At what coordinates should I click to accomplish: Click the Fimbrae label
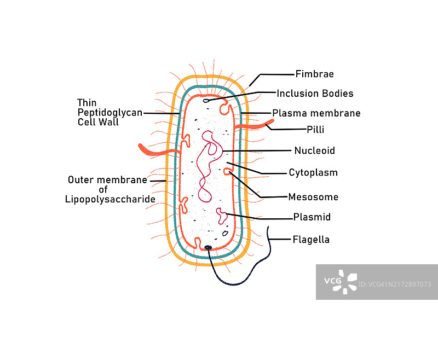click(314, 74)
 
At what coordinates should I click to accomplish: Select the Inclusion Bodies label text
click(314, 94)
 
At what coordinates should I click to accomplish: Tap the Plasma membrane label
click(316, 113)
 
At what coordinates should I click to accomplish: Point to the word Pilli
click(315, 130)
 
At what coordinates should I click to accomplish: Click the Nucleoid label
click(314, 150)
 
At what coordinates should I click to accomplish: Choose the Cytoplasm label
click(313, 173)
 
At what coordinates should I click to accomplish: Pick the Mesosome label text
click(313, 197)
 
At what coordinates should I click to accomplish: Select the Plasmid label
click(312, 217)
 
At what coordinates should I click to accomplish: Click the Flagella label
click(311, 240)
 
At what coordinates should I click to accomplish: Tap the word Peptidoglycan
click(109, 112)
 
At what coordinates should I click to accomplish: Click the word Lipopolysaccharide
click(109, 199)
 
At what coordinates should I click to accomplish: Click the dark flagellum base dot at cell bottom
click(208, 248)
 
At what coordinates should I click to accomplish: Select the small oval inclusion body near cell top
click(207, 100)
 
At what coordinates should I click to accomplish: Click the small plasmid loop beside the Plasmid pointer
click(222, 216)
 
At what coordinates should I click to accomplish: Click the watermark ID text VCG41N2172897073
click(395, 284)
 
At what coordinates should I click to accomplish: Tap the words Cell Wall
click(98, 122)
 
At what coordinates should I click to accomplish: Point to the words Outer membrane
click(107, 179)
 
